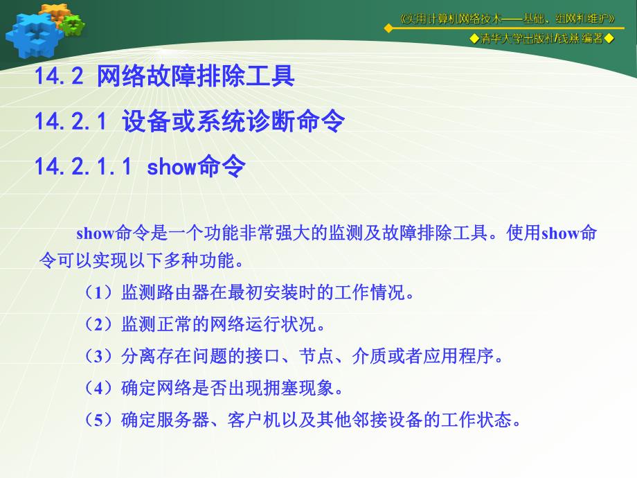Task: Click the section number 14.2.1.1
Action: [82, 167]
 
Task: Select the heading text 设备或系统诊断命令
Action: [233, 122]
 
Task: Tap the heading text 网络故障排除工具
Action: [196, 76]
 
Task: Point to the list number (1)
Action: [98, 292]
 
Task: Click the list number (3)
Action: [98, 356]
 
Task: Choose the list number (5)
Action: [98, 420]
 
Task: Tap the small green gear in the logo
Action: [71, 25]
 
